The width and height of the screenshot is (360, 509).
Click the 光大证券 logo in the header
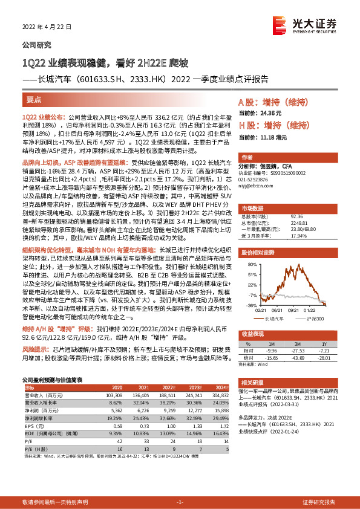tap(303, 25)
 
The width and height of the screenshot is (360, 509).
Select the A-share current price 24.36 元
tap(274, 112)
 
